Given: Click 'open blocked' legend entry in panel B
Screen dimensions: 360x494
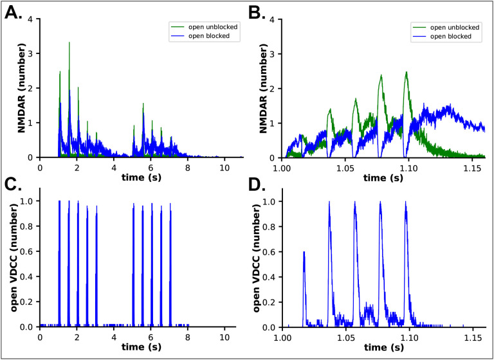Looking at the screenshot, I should click(452, 37).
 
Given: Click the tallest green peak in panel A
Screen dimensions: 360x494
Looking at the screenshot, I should click(69, 42).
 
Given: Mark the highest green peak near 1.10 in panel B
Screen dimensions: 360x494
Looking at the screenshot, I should click(407, 72).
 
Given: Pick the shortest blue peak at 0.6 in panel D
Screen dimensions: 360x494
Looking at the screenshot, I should click(304, 252).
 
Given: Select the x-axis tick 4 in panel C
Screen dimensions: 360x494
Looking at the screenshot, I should click(114, 337).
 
